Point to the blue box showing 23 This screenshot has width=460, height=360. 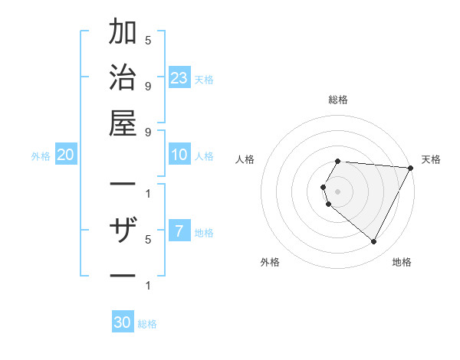click(x=179, y=78)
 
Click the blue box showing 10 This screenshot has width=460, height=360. click(x=179, y=155)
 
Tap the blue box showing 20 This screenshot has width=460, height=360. click(x=65, y=155)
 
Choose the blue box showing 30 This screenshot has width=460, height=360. click(x=123, y=322)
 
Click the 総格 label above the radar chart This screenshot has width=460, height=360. click(x=337, y=100)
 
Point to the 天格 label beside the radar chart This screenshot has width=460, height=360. click(x=431, y=159)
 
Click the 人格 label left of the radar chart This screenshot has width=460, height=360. click(x=245, y=159)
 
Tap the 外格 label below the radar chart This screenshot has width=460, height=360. click(x=270, y=262)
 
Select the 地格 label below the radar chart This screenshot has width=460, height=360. click(x=402, y=262)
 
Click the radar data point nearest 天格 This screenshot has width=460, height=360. click(x=411, y=168)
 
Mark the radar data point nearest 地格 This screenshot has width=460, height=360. click(x=373, y=241)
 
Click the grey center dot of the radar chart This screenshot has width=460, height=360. click(x=337, y=191)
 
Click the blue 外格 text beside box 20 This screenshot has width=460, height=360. click(x=41, y=156)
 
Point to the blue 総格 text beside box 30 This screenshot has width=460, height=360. click(x=148, y=324)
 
